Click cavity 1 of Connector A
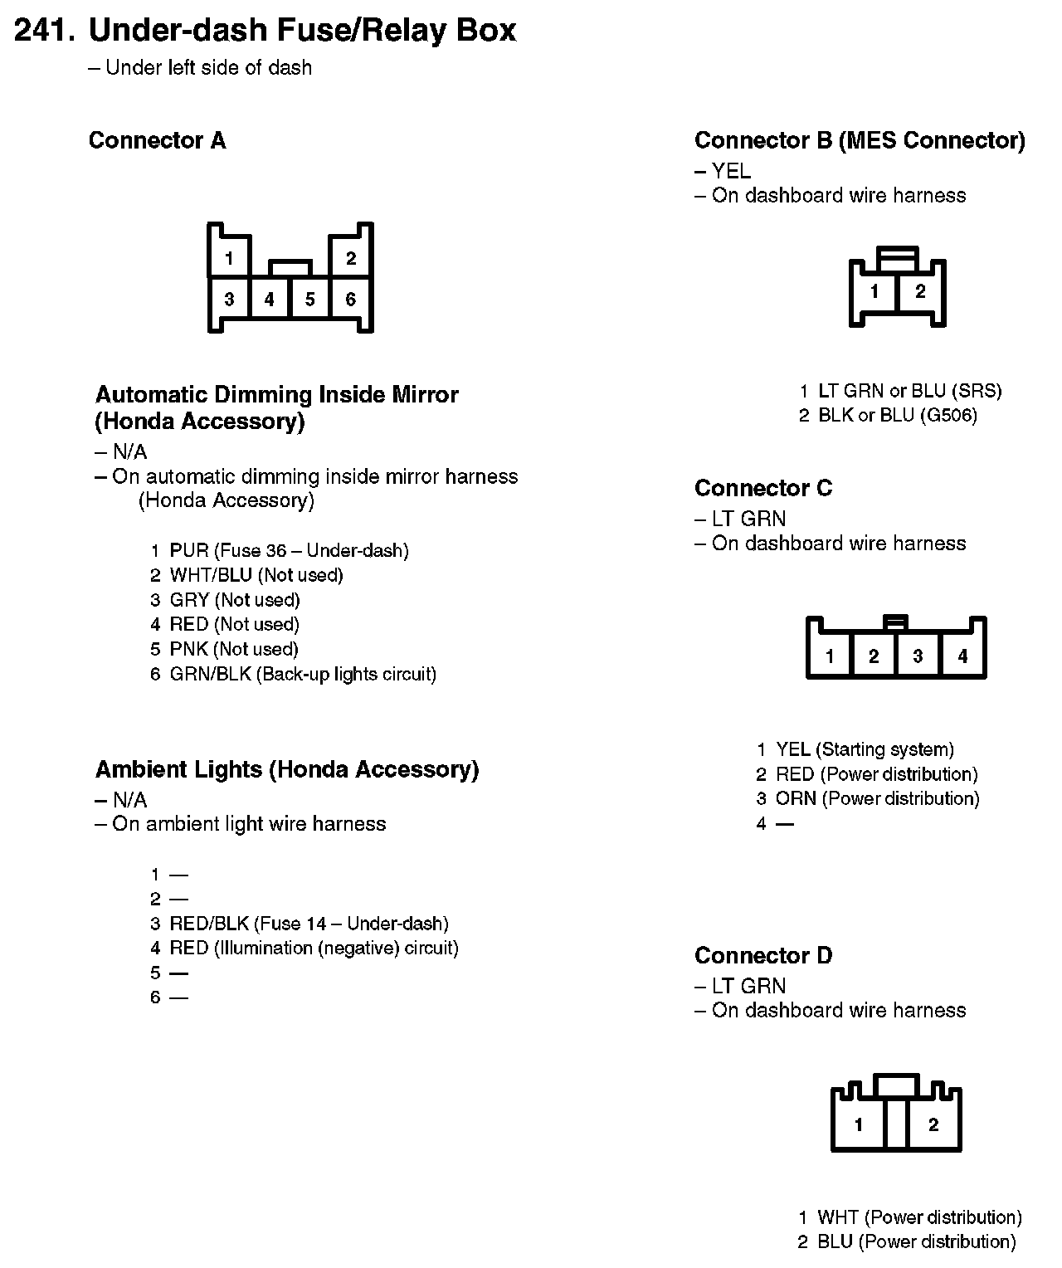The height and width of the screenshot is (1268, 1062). [228, 258]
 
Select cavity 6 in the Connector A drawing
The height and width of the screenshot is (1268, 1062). [351, 300]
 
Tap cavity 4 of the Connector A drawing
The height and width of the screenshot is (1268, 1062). [270, 300]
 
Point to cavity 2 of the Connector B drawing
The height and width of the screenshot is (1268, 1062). [920, 292]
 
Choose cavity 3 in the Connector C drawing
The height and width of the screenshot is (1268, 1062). [918, 656]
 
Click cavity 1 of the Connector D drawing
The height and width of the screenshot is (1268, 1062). [859, 1125]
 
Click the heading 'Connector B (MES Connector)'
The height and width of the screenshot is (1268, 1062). [860, 140]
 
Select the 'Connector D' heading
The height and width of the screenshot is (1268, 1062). [762, 955]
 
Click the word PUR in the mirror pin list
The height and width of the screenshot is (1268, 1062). [189, 550]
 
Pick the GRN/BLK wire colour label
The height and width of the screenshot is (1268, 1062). [210, 674]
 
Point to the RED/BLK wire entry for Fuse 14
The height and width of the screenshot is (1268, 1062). [209, 924]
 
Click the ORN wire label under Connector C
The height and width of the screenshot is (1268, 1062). [796, 798]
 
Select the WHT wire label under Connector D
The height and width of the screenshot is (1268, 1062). [837, 1217]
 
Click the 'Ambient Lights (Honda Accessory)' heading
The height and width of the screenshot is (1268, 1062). [287, 769]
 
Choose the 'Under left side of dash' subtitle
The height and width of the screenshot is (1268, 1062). [208, 67]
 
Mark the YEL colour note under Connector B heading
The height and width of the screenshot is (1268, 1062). [731, 171]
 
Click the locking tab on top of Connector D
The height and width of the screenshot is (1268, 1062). [896, 1085]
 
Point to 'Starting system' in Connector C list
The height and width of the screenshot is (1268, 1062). [885, 749]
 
